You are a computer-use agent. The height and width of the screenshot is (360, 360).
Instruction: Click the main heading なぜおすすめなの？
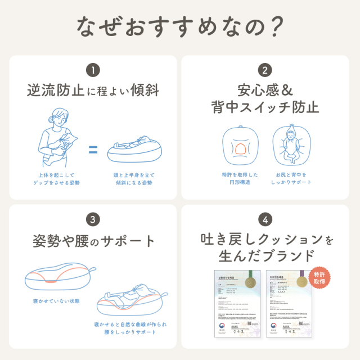pyautogui.click(x=180, y=26)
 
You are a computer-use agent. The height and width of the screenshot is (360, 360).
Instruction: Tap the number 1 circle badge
pyautogui.click(x=93, y=71)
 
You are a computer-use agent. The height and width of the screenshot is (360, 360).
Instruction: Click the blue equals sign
pyautogui.click(x=93, y=150)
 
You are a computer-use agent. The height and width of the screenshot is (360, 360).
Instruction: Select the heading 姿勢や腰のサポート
pyautogui.click(x=93, y=241)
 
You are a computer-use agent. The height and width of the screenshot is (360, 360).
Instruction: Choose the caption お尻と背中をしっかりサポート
pyautogui.click(x=291, y=178)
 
